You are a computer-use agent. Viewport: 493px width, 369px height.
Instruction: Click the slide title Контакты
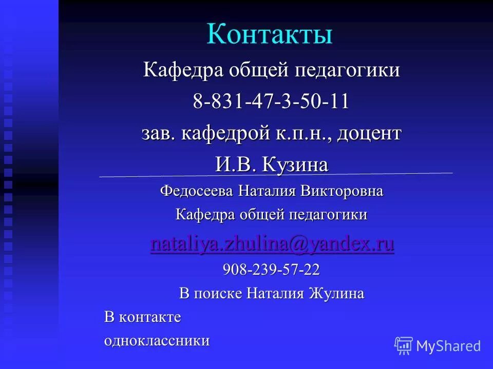pyautogui.click(x=270, y=35)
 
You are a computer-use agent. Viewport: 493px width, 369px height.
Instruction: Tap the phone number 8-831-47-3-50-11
pyautogui.click(x=271, y=101)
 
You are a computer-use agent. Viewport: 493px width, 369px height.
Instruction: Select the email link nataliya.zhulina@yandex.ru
pyautogui.click(x=272, y=244)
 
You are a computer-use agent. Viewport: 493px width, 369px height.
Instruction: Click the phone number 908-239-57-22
pyautogui.click(x=271, y=270)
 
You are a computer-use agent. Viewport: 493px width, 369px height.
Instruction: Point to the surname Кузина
pyautogui.click(x=295, y=165)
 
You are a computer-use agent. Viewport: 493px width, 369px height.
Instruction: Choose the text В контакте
pyautogui.click(x=143, y=317)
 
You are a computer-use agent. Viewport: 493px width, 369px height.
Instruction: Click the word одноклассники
pyautogui.click(x=157, y=341)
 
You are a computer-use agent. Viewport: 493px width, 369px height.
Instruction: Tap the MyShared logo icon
pyautogui.click(x=404, y=346)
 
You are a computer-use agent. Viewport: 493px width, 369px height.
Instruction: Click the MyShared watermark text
pyautogui.click(x=448, y=346)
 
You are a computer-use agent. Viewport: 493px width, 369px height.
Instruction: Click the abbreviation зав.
pyautogui.click(x=158, y=134)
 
